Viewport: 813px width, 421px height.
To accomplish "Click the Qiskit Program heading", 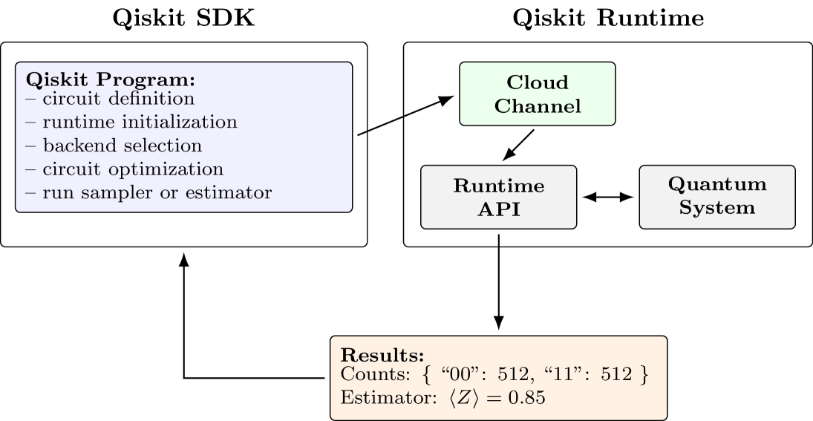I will [x=111, y=80].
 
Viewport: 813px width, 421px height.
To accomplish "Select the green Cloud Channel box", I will [x=538, y=94].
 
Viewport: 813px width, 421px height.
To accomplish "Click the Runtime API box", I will [x=499, y=197].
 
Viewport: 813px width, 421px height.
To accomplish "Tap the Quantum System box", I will [x=717, y=196].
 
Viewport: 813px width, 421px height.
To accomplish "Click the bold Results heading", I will [x=382, y=354].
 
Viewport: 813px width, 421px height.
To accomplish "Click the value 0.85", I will [x=526, y=398].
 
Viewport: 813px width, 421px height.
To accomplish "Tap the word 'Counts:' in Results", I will [x=369, y=375].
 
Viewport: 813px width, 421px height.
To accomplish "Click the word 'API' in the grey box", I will [x=499, y=209].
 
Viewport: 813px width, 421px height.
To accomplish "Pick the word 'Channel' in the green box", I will [x=538, y=106].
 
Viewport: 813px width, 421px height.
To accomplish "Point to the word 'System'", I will [x=717, y=207].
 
